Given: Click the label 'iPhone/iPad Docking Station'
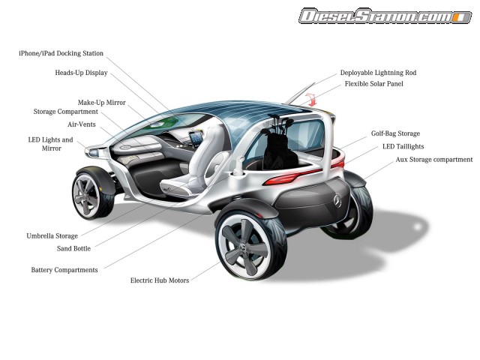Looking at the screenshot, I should pos(61,54).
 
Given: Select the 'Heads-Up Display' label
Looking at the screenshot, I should pos(81,73).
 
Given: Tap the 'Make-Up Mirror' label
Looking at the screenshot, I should pos(101,102).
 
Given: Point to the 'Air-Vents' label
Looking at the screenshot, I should pos(82,124).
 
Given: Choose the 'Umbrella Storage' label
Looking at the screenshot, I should pos(52,235).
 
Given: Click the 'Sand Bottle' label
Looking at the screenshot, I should pos(74,248).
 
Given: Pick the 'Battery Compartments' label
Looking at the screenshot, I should pos(64,270).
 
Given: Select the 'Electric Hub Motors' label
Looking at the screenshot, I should pos(160,280).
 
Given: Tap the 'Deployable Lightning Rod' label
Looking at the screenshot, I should pos(378,73).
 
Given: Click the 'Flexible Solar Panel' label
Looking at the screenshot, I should pos(374,84).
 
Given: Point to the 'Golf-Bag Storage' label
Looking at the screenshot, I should pos(395,134).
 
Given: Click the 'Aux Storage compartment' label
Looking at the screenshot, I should pos(423,160).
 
